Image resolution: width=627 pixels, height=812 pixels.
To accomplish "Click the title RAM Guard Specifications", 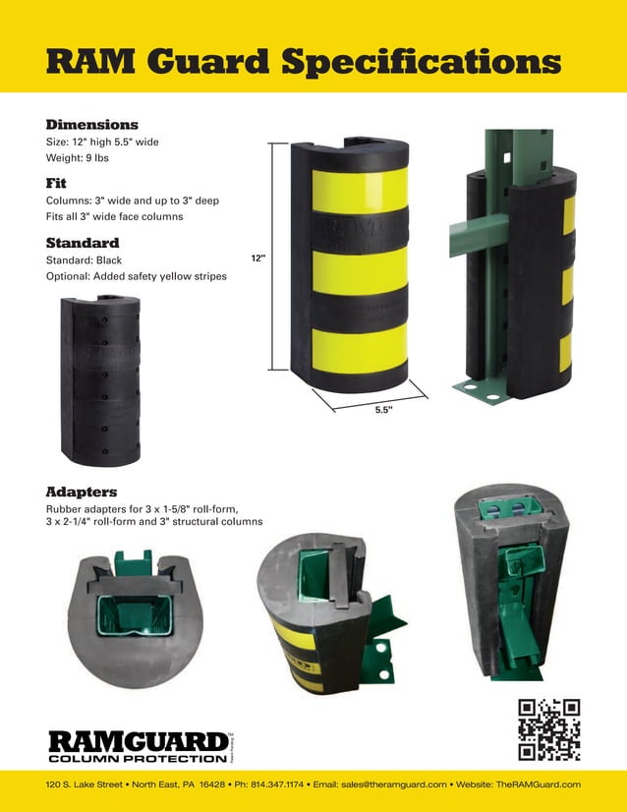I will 304,61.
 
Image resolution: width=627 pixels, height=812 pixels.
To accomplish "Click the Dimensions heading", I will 91,125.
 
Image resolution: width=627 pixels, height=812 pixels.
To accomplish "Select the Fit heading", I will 56,183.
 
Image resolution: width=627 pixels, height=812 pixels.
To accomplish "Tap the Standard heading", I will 83,242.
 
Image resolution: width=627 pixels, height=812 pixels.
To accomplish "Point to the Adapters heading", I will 82,491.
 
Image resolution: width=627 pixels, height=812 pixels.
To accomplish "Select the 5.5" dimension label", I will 383,410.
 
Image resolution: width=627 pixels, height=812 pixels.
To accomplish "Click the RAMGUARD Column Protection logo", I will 138,746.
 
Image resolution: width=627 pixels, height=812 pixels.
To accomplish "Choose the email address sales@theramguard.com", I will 391,783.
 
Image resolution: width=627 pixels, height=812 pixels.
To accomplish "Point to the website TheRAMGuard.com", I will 539,783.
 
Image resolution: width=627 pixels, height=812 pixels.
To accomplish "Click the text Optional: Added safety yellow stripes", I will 136,276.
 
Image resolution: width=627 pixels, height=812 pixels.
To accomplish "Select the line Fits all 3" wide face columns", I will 114,215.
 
